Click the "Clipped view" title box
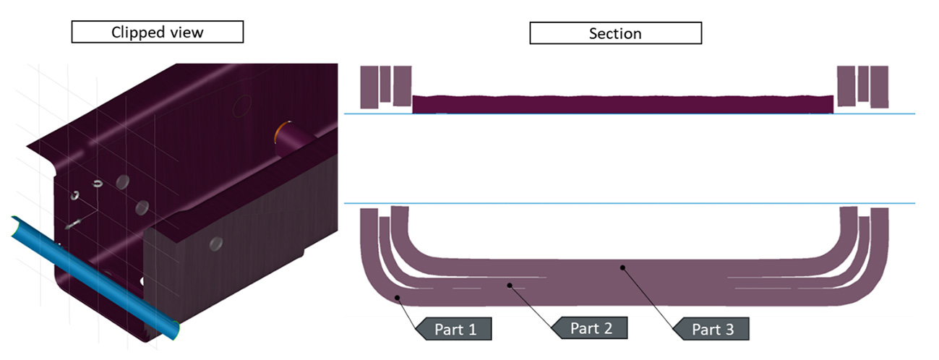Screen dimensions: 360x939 [157, 33]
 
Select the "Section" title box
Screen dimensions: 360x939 [615, 33]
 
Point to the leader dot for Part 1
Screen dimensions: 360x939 [397, 297]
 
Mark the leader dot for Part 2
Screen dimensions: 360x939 [510, 286]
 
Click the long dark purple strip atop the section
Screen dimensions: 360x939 [622, 104]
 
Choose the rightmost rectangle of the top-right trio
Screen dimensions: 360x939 [879, 87]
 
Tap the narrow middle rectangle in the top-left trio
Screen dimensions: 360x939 [385, 85]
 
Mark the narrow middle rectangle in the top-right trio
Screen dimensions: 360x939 [863, 84]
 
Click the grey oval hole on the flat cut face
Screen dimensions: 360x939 [215, 244]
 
